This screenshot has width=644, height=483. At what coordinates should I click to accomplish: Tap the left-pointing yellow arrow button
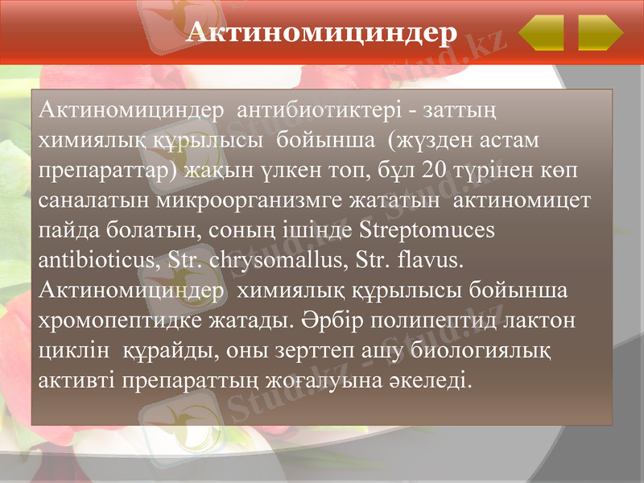pyautogui.click(x=541, y=34)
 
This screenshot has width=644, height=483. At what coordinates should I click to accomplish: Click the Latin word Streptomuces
pyautogui.click(x=427, y=230)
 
